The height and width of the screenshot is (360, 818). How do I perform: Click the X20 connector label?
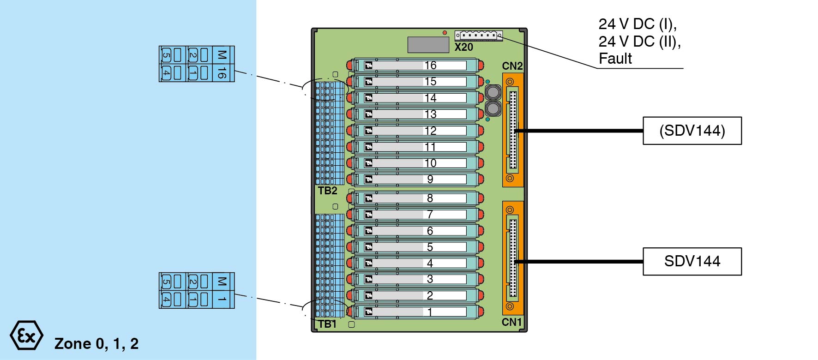tap(463, 47)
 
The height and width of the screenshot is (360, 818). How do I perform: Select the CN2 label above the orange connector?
tap(512, 66)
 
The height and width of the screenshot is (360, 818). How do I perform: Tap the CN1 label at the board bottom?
tap(511, 322)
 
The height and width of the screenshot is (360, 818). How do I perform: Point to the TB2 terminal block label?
tap(327, 191)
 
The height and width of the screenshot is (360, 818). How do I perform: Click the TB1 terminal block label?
tap(327, 324)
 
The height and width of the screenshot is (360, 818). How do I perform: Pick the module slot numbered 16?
tap(415, 66)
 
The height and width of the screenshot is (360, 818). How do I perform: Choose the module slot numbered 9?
tap(415, 179)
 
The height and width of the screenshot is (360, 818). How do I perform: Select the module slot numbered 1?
tap(415, 312)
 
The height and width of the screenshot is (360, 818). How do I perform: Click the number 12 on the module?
tap(430, 131)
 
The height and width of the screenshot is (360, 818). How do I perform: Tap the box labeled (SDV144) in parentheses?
tap(692, 131)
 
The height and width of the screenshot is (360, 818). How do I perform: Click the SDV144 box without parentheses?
tap(692, 262)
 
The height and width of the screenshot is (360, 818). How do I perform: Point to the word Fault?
tap(615, 59)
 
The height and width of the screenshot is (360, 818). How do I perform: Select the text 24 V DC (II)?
tap(639, 42)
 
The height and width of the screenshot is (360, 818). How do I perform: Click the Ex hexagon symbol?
tap(26, 335)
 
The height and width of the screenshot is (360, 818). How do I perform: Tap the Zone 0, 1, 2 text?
tap(96, 344)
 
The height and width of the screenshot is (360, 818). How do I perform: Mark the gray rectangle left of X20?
tap(428, 45)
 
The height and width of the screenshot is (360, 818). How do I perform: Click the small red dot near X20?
tap(445, 33)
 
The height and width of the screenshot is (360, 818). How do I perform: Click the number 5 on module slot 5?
tap(430, 247)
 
